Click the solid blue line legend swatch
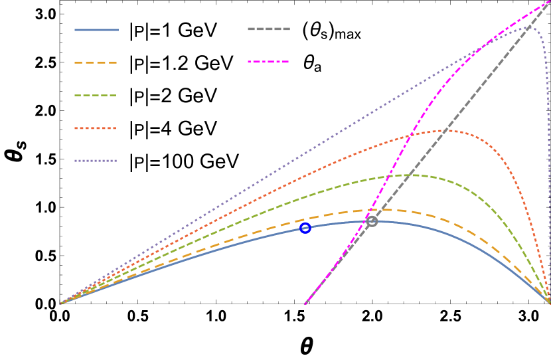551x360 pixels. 96,30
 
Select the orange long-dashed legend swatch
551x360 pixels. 96,63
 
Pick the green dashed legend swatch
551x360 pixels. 96,96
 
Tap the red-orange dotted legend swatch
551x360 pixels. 96,128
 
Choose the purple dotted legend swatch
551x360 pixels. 96,161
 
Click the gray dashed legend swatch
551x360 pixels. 269,29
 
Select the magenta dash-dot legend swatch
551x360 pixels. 269,62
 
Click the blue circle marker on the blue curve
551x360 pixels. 305,228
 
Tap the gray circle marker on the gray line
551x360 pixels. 372,221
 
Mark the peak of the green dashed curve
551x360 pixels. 406,175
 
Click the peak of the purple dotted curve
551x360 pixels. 528,27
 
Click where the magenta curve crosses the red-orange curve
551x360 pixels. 410,135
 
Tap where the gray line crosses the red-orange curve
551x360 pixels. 451,131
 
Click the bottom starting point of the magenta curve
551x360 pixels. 305,304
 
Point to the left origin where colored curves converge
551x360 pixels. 61,304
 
